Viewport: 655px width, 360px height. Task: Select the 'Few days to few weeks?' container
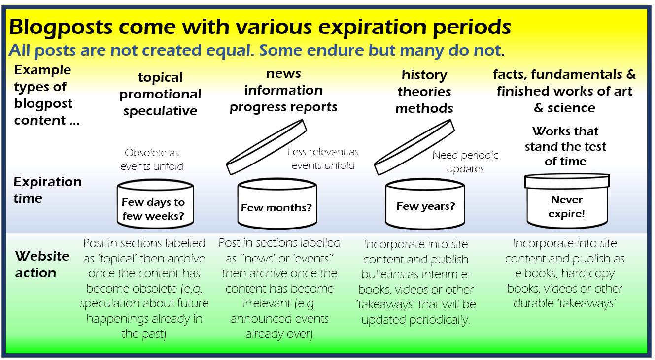155,204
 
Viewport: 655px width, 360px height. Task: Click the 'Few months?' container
277,203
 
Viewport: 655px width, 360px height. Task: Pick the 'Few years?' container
425,204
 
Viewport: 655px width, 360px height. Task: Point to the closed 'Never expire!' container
567,201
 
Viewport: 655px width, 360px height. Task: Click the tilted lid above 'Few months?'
266,147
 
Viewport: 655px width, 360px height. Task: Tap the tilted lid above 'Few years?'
414,147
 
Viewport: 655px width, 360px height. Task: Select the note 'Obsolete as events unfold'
152,160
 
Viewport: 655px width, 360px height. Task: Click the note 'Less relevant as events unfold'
323,159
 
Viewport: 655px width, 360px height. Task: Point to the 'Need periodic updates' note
465,162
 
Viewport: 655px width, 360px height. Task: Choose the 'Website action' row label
42,264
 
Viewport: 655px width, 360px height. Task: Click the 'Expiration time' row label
47,190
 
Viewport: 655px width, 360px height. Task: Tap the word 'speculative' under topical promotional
160,111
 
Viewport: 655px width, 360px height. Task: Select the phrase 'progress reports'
283,107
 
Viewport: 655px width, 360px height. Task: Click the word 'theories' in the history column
424,92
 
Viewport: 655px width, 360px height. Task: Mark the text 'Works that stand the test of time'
565,146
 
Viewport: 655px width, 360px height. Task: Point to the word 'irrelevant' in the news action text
267,303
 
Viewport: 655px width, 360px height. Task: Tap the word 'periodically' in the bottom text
440,320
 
